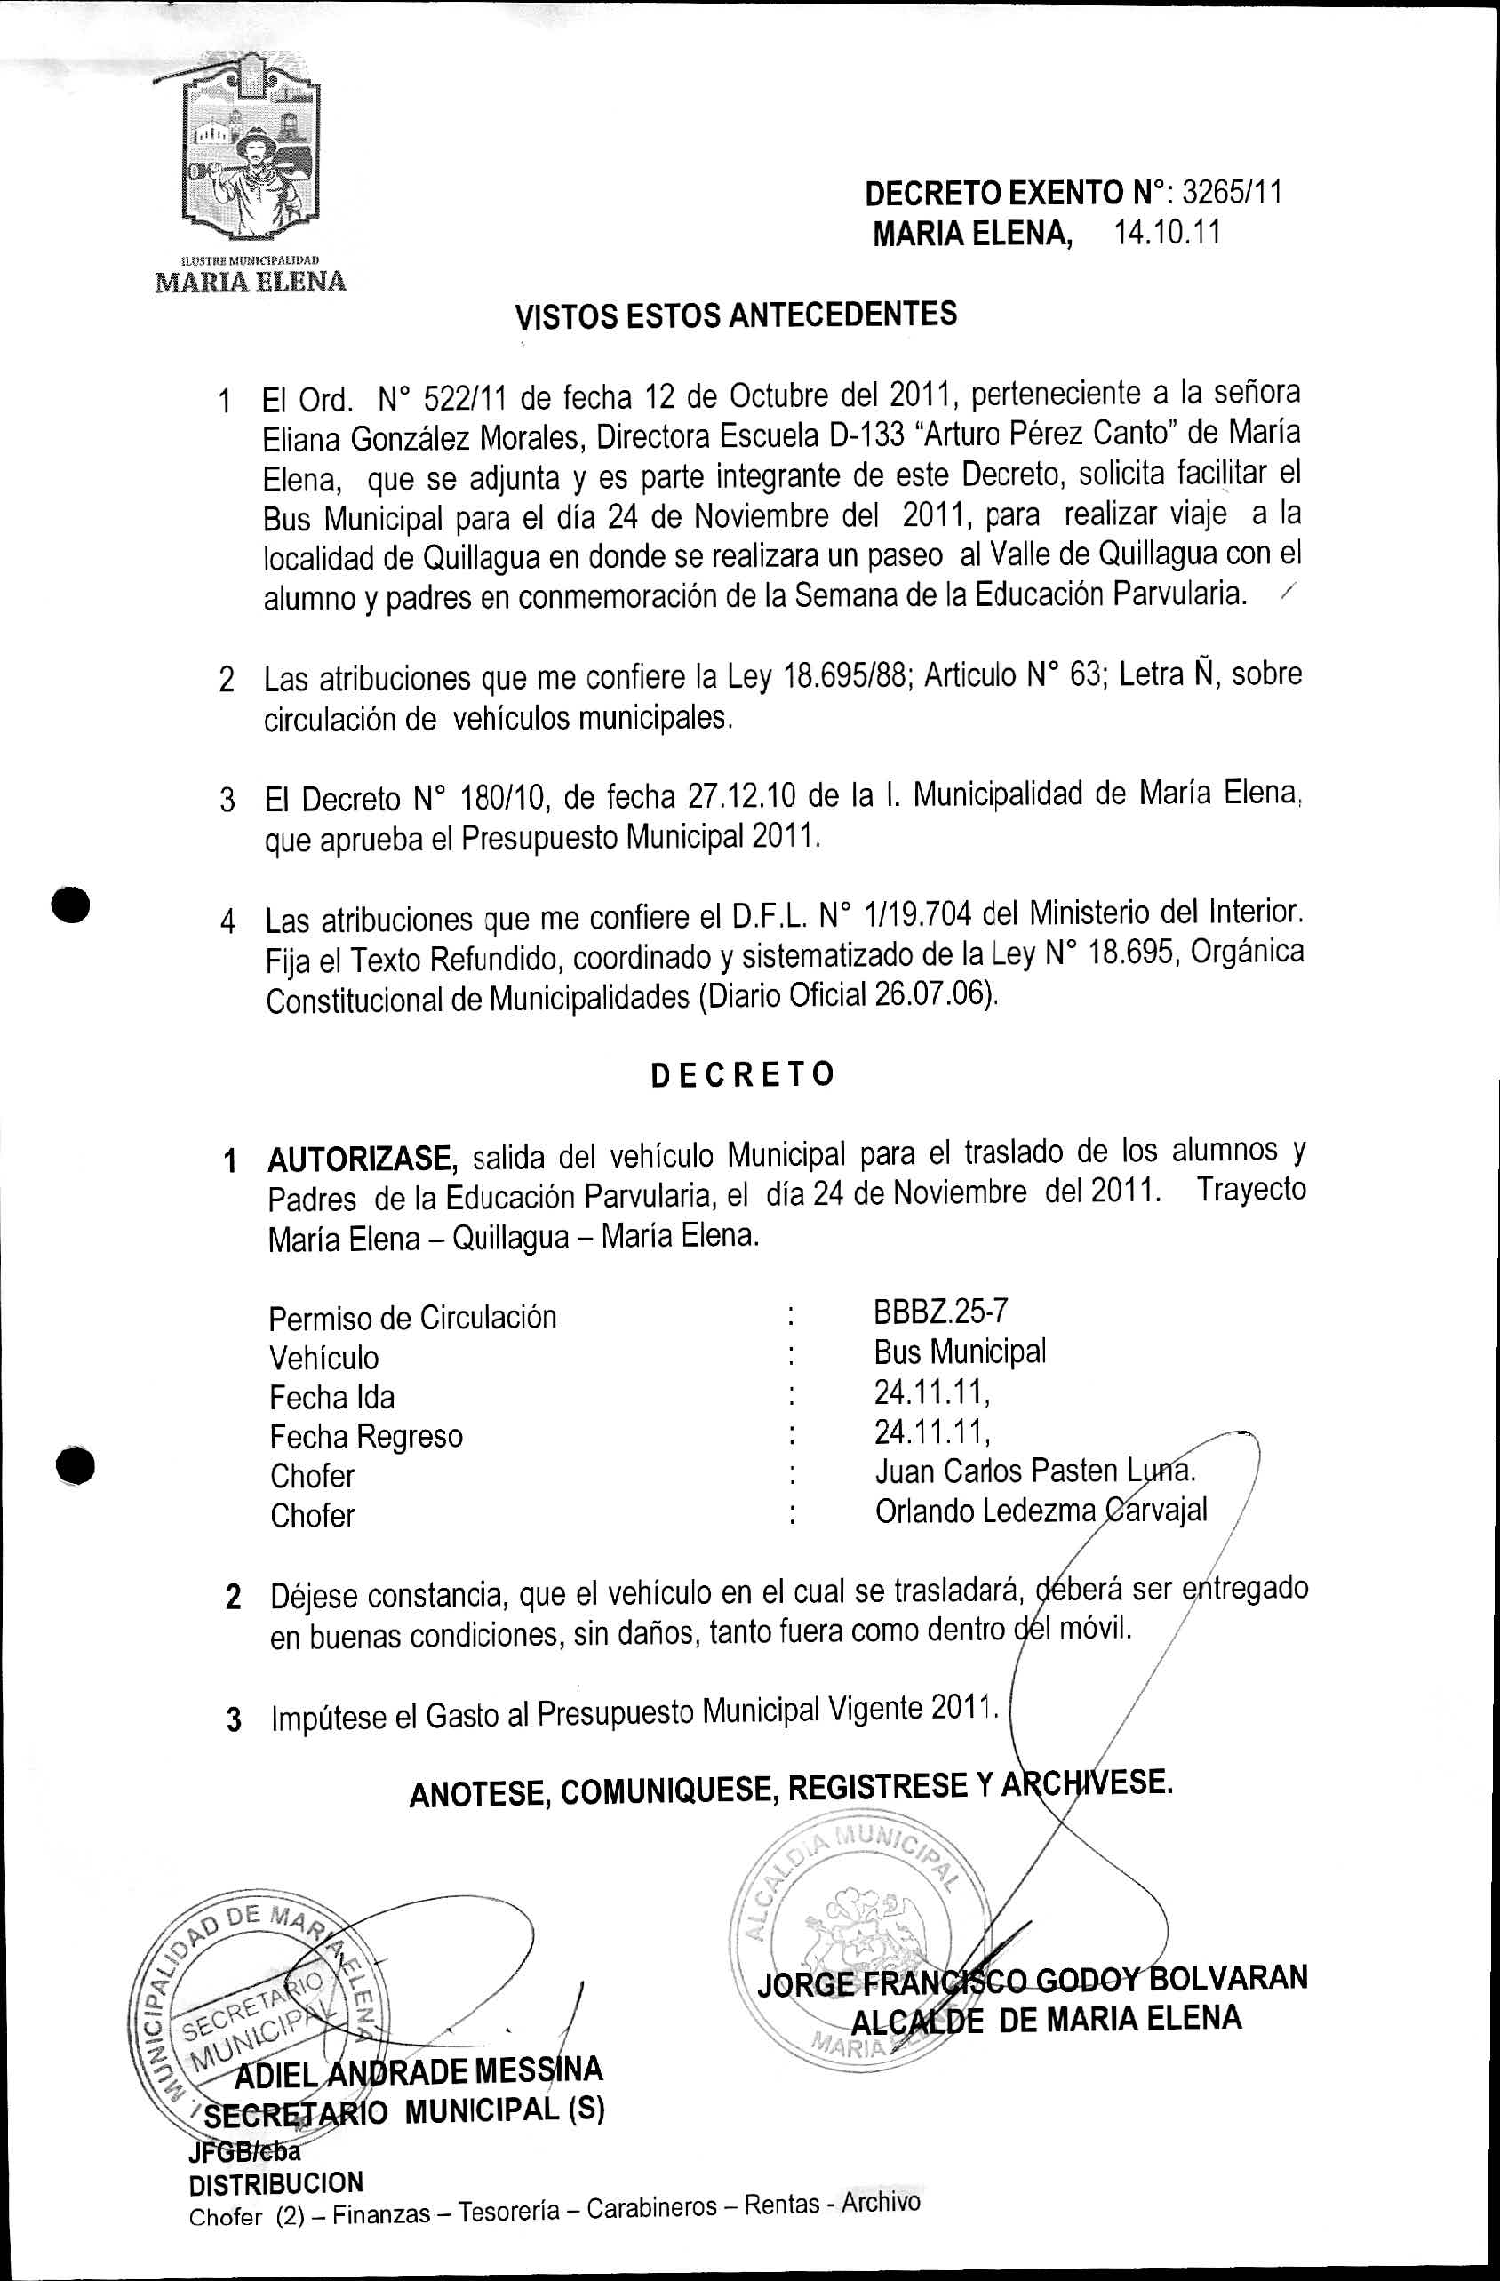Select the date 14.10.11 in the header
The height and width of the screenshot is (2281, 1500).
pyautogui.click(x=1167, y=233)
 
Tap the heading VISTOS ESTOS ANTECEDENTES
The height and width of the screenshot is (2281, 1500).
pyautogui.click(x=735, y=315)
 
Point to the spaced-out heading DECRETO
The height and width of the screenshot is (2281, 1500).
pyautogui.click(x=743, y=1074)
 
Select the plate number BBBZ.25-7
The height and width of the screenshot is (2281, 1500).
pyautogui.click(x=939, y=1310)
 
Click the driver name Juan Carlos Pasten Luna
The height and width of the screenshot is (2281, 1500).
pyautogui.click(x=1034, y=1471)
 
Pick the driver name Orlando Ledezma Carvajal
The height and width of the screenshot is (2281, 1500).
pyautogui.click(x=1040, y=1511)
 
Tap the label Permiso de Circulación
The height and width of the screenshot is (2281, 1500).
pyautogui.click(x=412, y=1318)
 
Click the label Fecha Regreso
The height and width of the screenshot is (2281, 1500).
pyautogui.click(x=365, y=1436)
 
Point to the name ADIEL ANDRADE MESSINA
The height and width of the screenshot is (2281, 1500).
pyautogui.click(x=419, y=2072)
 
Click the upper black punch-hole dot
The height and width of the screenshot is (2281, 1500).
pyautogui.click(x=72, y=905)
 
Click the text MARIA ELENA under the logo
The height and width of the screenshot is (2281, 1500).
pyautogui.click(x=251, y=282)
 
